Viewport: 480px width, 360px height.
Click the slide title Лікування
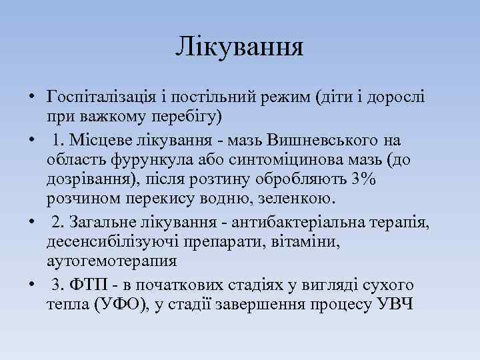[240, 47]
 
